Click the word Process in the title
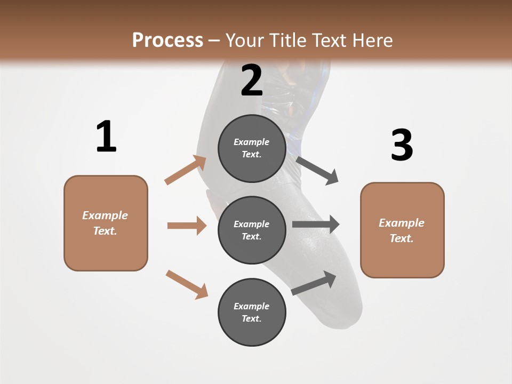(167, 41)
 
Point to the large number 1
(106, 137)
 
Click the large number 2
(252, 81)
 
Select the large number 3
(402, 145)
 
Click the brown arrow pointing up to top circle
(186, 170)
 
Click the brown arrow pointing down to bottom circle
(187, 284)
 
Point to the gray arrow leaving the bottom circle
(314, 283)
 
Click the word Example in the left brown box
(105, 215)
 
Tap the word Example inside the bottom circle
(251, 306)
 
